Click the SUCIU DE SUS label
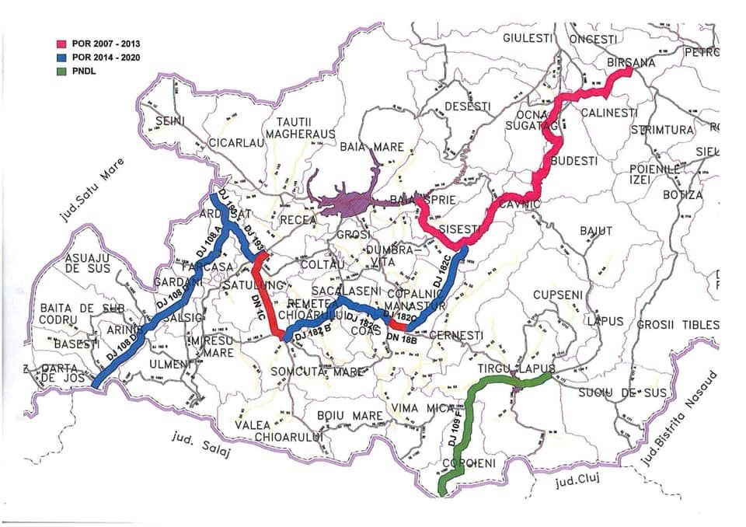[x=622, y=393]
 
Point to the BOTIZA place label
[x=682, y=195]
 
